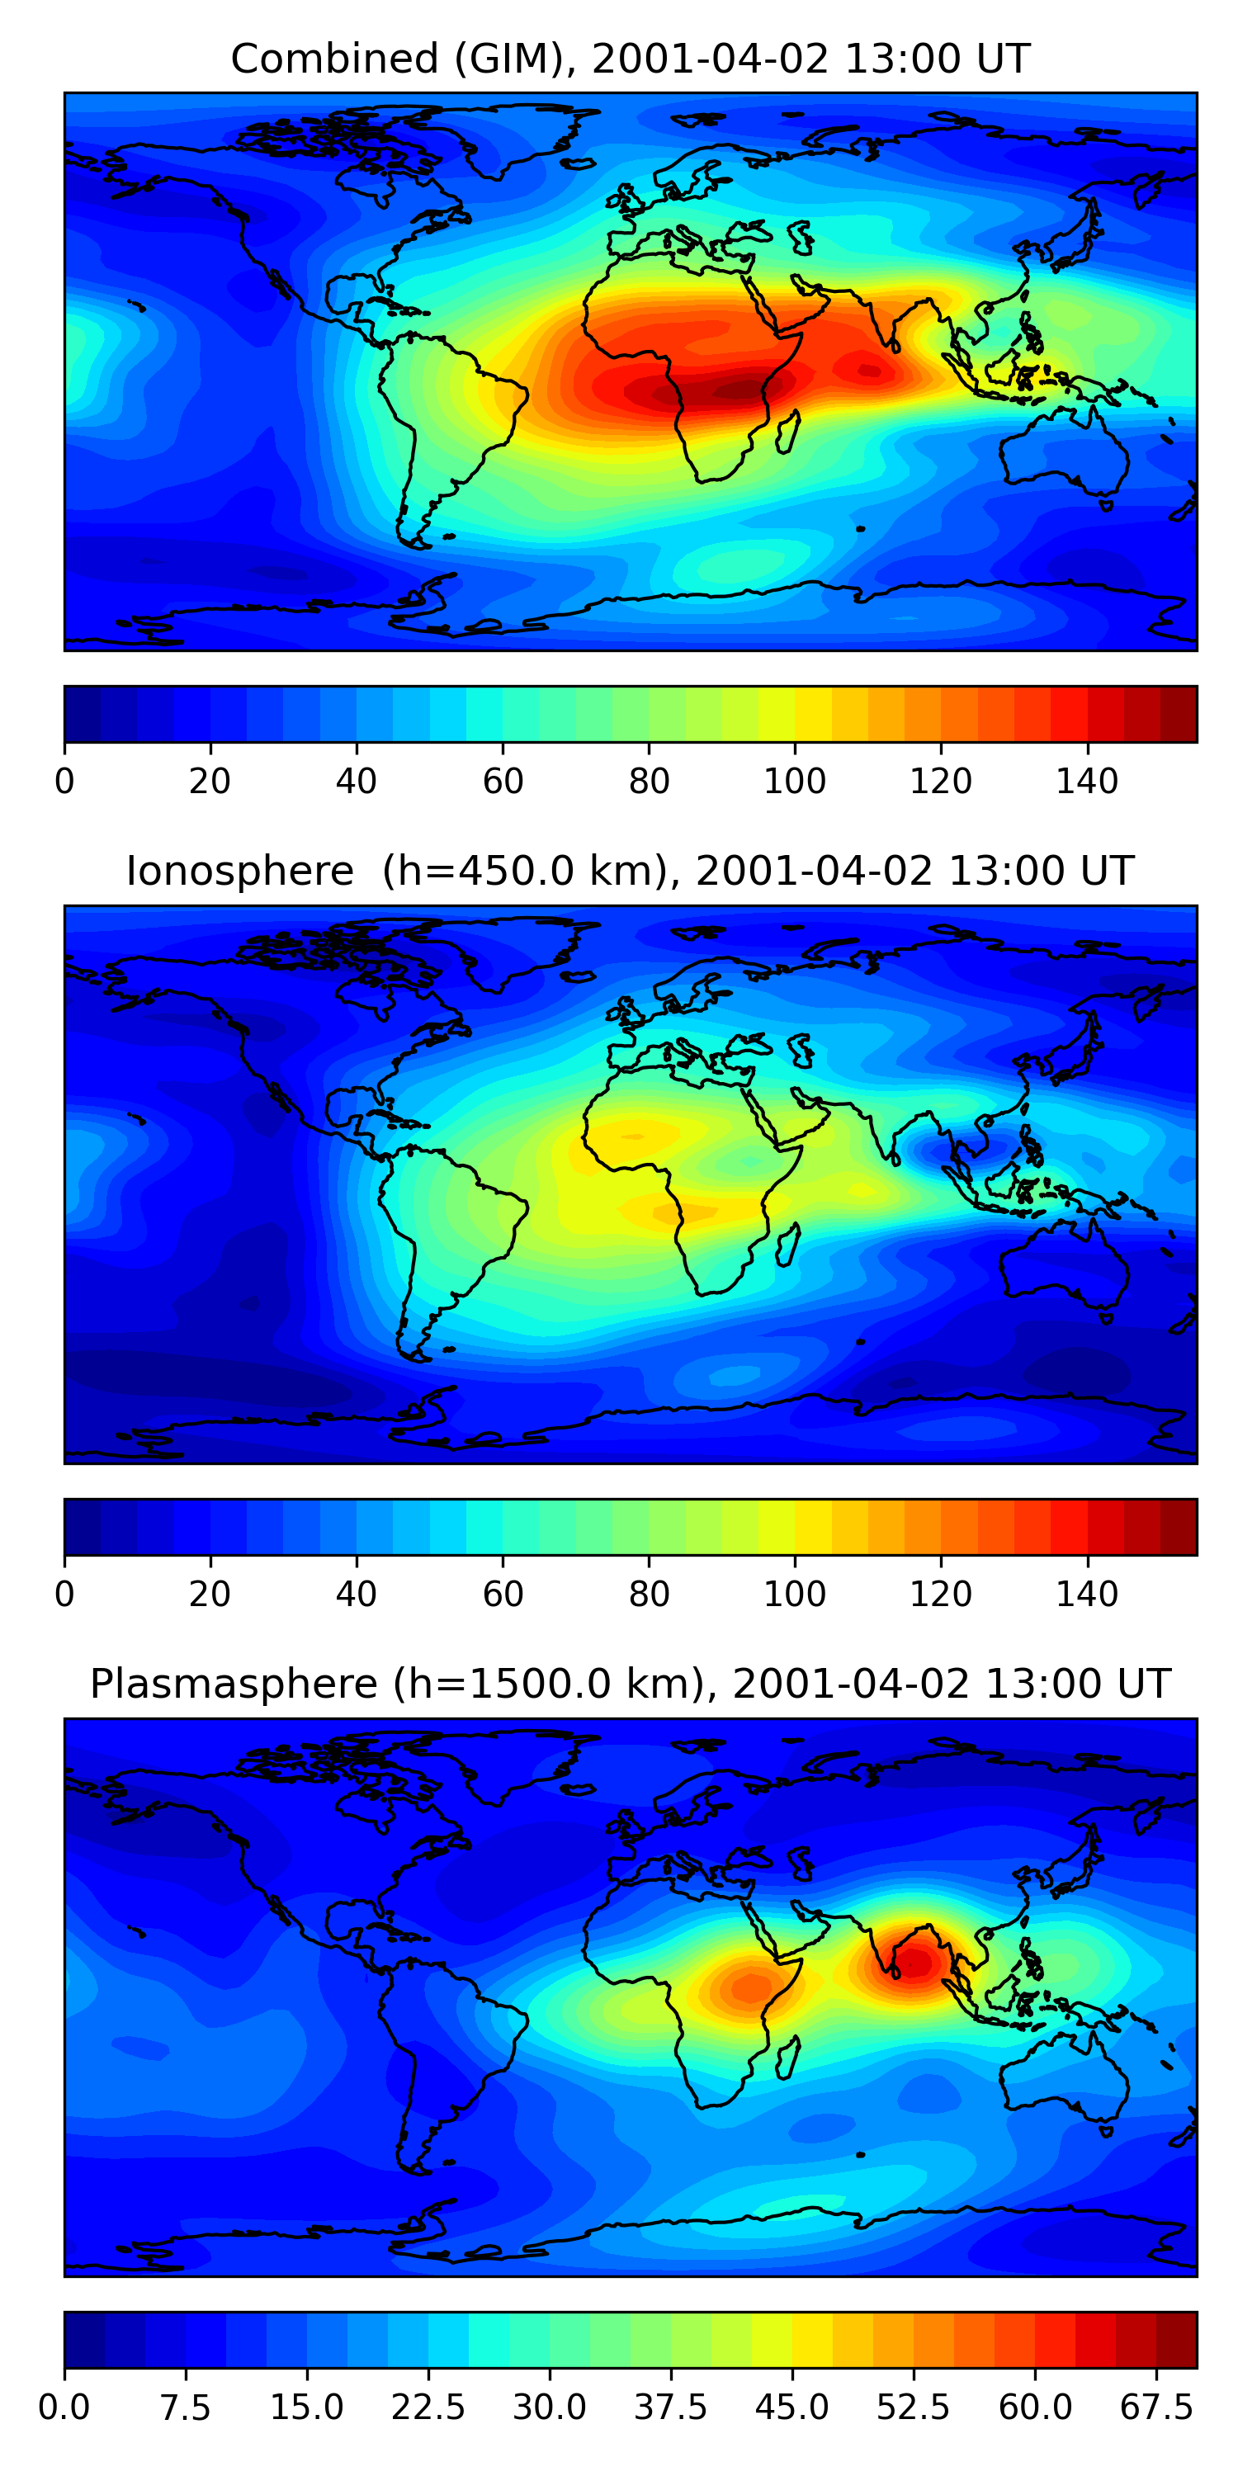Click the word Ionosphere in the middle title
click(x=240, y=871)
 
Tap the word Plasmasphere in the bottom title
click(x=234, y=1684)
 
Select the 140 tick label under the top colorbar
click(x=1087, y=782)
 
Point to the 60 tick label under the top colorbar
click(x=503, y=782)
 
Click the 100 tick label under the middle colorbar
click(x=795, y=1594)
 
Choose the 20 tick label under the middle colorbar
click(x=210, y=1594)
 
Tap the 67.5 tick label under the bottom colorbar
click(x=1156, y=2407)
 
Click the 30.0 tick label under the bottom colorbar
click(x=549, y=2407)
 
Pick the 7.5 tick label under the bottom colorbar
click(x=186, y=2407)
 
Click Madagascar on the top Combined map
click(x=787, y=432)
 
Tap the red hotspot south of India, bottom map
click(x=913, y=1961)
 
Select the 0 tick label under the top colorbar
click(x=64, y=782)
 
